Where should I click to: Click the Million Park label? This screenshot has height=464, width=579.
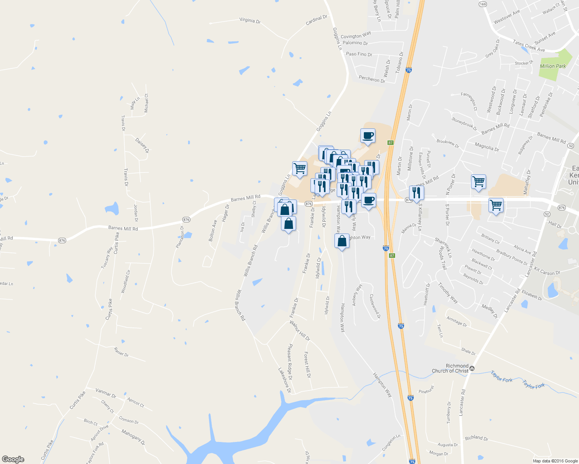click(553, 66)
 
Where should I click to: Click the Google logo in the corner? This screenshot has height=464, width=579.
click(13, 459)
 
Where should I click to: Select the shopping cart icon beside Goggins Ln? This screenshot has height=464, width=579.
click(300, 169)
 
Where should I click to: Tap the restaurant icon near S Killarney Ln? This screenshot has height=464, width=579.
click(416, 192)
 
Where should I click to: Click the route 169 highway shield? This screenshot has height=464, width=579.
click(483, 4)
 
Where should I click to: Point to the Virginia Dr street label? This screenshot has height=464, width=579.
click(250, 20)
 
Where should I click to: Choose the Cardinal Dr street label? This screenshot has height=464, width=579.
click(316, 20)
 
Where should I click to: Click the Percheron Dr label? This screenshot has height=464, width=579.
click(372, 79)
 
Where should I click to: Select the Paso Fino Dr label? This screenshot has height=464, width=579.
click(359, 54)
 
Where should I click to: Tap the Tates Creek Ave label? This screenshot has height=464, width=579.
click(529, 46)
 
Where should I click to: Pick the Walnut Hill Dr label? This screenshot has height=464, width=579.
click(300, 331)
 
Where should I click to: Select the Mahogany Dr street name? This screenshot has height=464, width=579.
click(133, 437)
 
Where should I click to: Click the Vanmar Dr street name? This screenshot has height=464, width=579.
click(106, 394)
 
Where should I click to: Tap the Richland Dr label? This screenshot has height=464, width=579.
click(476, 438)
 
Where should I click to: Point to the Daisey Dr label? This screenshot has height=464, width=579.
click(142, 145)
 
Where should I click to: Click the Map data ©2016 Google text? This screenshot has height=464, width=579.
click(555, 461)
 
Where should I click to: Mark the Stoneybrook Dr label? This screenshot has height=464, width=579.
click(464, 124)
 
